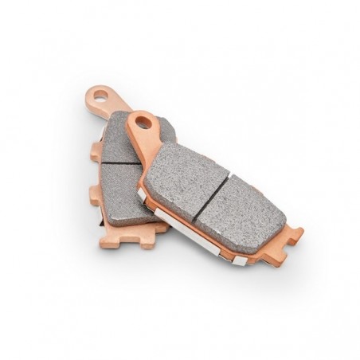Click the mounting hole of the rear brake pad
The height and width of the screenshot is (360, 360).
[100, 95]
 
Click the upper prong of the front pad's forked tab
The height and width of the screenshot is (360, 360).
[295, 233]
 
